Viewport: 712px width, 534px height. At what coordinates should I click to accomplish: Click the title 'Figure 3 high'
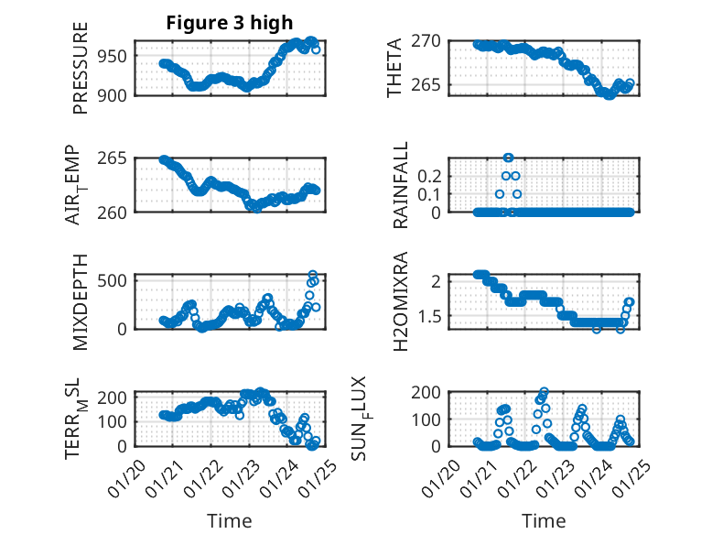[230, 24]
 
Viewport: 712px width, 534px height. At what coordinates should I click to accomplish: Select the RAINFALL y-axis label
[400, 186]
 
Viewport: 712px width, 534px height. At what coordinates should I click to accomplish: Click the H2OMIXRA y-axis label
[400, 301]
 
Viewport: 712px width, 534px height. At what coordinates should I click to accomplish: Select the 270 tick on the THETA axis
[429, 41]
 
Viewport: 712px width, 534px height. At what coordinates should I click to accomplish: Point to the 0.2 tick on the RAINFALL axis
[429, 175]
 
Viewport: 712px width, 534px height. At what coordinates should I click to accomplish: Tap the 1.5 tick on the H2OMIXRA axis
[429, 316]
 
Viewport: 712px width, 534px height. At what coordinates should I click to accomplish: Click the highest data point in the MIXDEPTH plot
[312, 275]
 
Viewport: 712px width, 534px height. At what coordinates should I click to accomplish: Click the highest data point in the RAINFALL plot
[509, 158]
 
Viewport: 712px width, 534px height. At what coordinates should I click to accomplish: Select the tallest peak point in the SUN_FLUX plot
[545, 391]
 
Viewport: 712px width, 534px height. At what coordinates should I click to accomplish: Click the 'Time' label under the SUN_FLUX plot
[544, 520]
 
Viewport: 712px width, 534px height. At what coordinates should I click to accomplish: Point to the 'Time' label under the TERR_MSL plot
[230, 520]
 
